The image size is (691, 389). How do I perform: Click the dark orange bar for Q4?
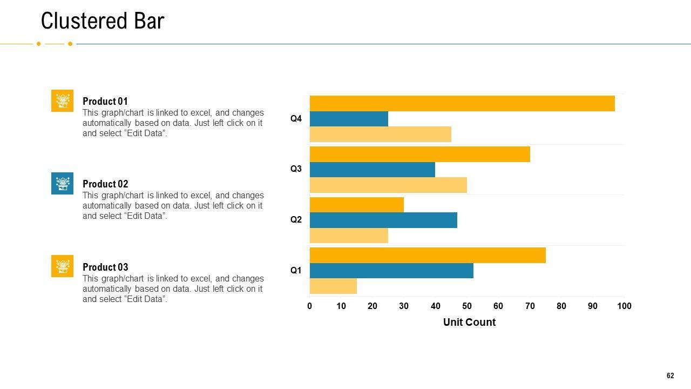coord(462,103)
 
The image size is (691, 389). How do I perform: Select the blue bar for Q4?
coord(349,119)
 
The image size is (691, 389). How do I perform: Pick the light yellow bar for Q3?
coord(388,185)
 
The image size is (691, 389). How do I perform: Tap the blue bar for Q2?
coord(383,220)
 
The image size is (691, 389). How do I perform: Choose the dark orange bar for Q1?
coord(428,255)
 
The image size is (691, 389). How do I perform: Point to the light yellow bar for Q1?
coord(333,286)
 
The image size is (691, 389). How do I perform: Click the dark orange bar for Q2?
coord(357,205)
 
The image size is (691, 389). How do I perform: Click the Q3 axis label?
coord(296,169)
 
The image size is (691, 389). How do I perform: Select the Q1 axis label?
coord(296,271)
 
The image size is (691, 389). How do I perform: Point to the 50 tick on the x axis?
coord(467,306)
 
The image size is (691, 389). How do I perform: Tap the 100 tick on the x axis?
coord(624,306)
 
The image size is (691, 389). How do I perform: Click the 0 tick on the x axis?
coord(310,306)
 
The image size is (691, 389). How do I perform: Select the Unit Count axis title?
coord(469,323)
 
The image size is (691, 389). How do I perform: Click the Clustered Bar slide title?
coord(103,21)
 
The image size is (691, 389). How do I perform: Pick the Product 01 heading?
coord(105,102)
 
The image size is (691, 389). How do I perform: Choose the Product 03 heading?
coord(105,267)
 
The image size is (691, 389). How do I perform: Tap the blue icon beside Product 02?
coord(63,184)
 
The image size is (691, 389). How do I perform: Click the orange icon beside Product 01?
coord(63,101)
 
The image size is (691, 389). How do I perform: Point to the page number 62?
coord(670,376)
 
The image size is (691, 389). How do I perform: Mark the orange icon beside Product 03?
coord(63,266)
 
